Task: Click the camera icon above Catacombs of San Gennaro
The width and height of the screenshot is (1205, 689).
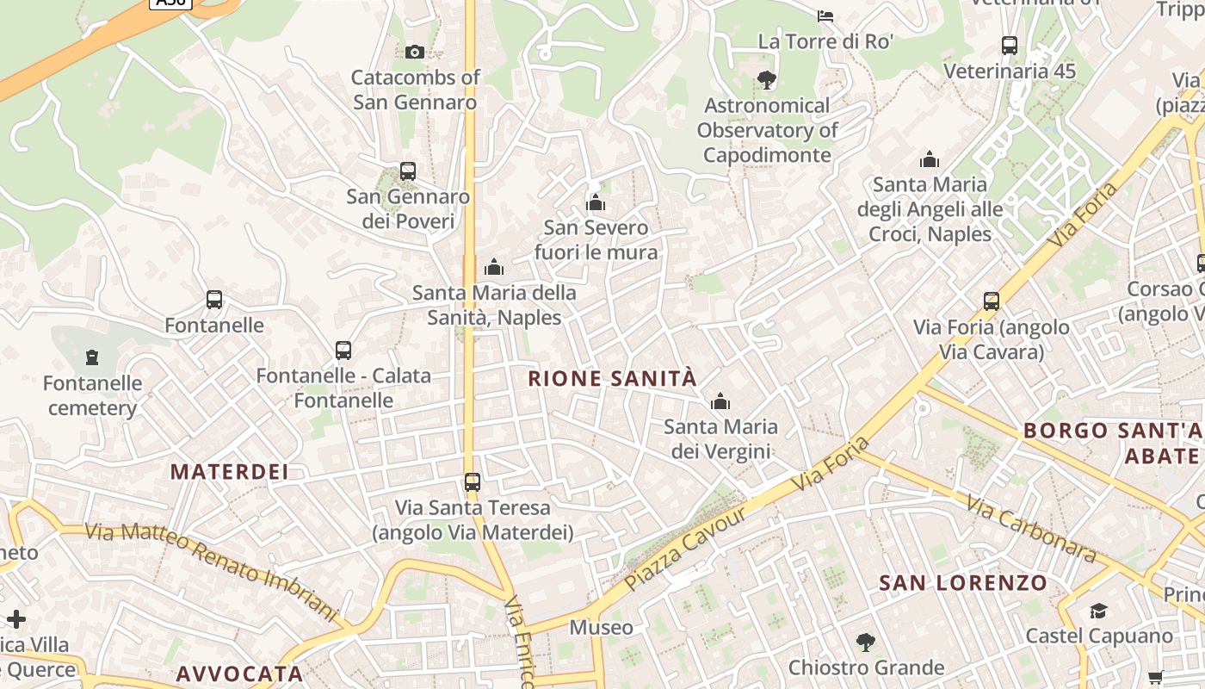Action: point(415,52)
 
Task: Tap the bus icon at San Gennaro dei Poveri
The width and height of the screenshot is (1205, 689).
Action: point(408,171)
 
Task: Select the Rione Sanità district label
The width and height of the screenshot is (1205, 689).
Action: point(612,378)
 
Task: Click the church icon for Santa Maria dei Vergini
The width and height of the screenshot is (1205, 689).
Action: point(720,401)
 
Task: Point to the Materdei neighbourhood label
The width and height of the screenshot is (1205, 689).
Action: point(229,471)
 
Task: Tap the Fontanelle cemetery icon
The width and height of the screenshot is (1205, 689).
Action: point(92,357)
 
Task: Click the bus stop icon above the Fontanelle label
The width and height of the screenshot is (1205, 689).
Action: point(214,300)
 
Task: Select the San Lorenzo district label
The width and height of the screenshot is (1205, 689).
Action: point(963,583)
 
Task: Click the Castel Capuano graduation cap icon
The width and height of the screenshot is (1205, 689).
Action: point(1098,611)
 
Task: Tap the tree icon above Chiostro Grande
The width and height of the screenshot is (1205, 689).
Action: point(865,642)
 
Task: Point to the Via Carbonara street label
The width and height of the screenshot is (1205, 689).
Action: point(1029,527)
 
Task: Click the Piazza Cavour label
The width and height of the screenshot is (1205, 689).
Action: point(685,549)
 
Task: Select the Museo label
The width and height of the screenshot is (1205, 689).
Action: point(601,627)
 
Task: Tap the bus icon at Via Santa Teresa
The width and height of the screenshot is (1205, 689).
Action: point(472,481)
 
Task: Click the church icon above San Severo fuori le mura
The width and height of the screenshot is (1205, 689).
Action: point(596,202)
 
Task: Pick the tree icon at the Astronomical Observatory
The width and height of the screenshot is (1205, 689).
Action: point(766,80)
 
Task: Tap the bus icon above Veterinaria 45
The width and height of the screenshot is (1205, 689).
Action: point(1010,46)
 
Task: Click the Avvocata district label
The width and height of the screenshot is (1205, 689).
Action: point(239,673)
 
